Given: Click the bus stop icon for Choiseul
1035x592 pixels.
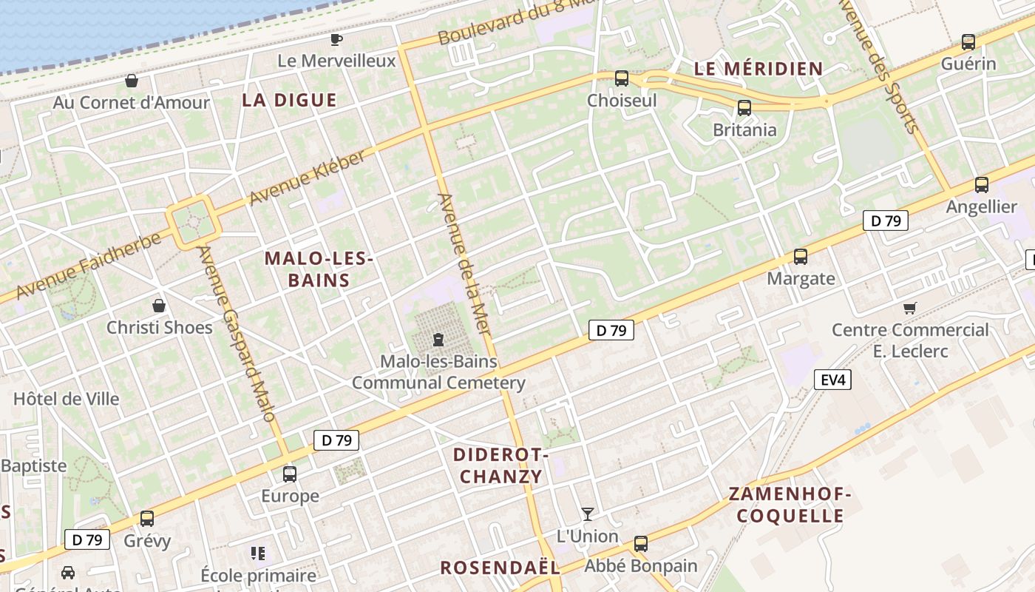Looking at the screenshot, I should [622, 78].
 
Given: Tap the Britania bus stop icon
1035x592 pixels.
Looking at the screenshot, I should [744, 108].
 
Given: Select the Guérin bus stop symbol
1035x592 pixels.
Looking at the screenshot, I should [968, 42].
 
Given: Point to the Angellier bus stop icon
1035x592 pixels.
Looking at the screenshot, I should [982, 185].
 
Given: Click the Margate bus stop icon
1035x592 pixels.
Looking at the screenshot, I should [801, 257].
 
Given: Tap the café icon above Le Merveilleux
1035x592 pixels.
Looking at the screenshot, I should [336, 39].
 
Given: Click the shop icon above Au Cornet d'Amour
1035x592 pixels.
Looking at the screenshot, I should [132, 80].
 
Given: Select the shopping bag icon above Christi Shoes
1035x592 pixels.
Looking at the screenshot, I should [158, 305].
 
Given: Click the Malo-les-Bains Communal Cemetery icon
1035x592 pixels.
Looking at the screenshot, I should [438, 340].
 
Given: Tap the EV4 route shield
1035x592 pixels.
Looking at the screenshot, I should [832, 380].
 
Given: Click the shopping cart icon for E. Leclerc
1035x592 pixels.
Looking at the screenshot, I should [910, 308].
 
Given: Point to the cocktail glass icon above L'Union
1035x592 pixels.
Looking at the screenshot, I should [588, 514].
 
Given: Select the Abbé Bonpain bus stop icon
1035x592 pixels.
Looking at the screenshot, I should [641, 543].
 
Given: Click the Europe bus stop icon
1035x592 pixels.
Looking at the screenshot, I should [290, 474].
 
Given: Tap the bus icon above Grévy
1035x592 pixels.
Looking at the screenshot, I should [147, 518].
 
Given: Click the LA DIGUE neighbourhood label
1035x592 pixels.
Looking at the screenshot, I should [289, 100].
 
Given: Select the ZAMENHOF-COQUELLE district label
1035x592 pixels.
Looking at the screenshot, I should [790, 505].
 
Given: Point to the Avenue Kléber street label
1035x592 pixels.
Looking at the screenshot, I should [308, 178].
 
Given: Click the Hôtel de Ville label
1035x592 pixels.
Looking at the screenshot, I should [67, 399].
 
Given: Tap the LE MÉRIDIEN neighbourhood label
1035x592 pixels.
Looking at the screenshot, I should [759, 69].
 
